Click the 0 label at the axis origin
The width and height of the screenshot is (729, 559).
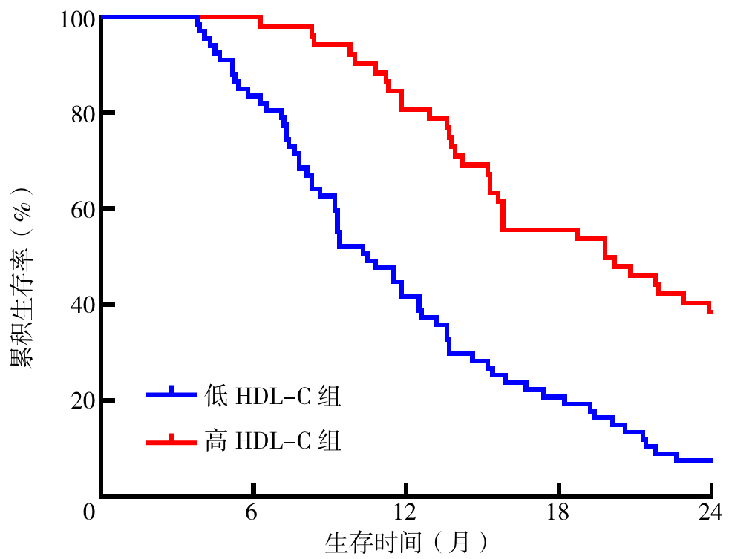pos(90,512)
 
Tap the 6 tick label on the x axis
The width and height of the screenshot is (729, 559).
pos(251,512)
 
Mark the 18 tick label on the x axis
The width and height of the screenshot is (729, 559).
pos(558,512)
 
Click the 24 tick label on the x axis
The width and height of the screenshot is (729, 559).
pos(711,512)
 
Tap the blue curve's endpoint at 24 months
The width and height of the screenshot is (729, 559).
pos(710,460)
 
